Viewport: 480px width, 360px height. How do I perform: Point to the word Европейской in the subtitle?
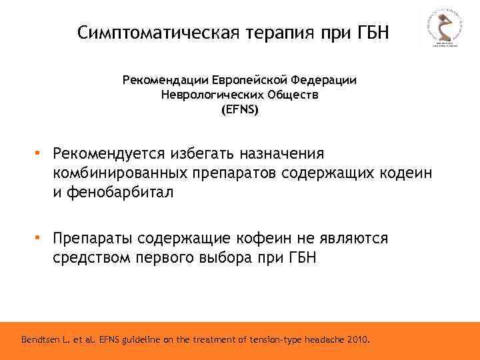coord(249,80)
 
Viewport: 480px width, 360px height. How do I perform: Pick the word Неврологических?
coord(211,95)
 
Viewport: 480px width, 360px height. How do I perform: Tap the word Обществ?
coord(291,95)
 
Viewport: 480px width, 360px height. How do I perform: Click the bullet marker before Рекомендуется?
coord(39,153)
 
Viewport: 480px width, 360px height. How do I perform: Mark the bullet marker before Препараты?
coord(39,238)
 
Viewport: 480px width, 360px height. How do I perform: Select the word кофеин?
coord(261,238)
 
